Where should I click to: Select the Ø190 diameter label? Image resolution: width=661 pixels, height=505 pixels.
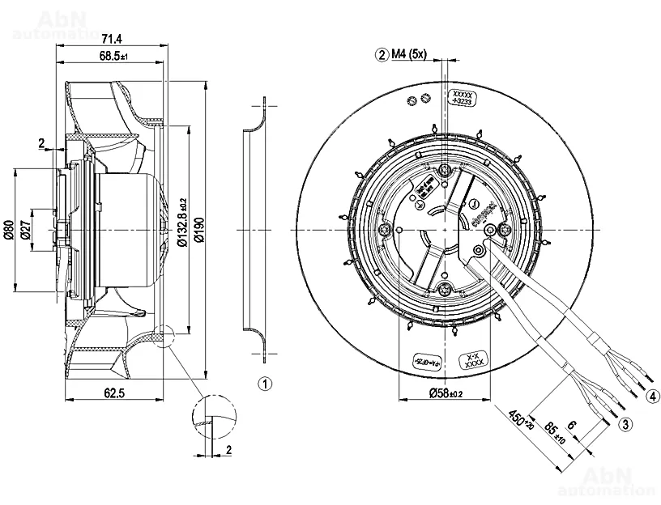click(x=198, y=231)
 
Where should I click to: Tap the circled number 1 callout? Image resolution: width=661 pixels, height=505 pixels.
click(x=264, y=383)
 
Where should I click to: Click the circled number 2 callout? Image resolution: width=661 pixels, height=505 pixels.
click(x=381, y=55)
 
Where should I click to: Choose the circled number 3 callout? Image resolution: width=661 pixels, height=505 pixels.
click(x=625, y=423)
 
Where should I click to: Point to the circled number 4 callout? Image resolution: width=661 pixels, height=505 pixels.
click(x=652, y=397)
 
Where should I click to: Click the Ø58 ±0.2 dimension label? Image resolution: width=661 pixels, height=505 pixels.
click(x=443, y=393)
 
